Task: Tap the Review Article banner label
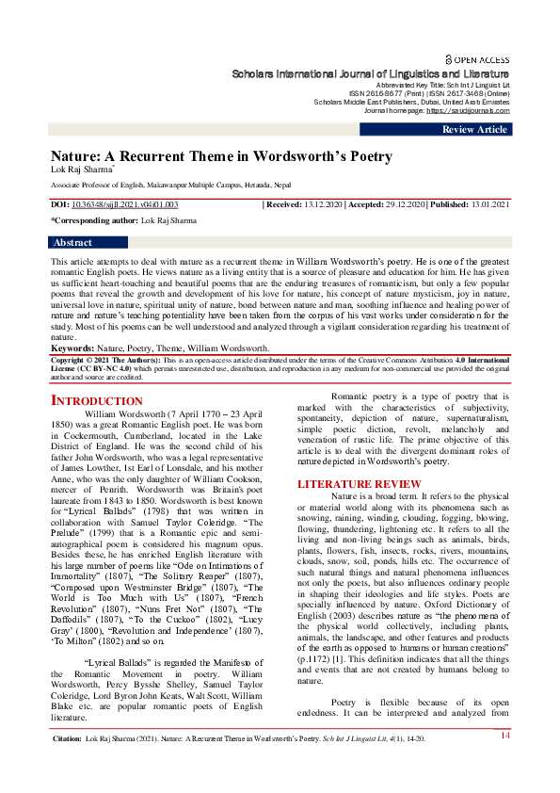coord(474,130)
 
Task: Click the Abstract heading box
coord(74,242)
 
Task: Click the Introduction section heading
coord(96,401)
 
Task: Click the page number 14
coord(504,761)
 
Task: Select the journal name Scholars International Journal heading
coord(372,73)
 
